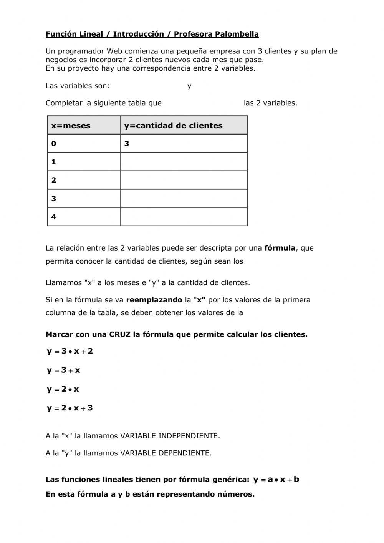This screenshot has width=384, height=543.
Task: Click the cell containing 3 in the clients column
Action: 184,144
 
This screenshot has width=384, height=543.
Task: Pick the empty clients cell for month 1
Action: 184,162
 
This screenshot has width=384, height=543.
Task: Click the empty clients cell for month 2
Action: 184,180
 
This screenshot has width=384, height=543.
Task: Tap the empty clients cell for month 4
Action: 184,217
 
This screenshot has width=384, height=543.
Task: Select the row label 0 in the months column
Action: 54,144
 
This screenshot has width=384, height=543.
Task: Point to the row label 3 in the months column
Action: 54,199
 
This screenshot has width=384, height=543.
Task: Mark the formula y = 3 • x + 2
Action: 70,351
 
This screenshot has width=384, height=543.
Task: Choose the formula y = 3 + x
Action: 64,370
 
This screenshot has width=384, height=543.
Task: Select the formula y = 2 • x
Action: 63,389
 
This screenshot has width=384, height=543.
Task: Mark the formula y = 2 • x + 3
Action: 70,408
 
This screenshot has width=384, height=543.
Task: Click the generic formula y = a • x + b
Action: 276,480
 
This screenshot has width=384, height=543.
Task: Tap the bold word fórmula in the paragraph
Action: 280,248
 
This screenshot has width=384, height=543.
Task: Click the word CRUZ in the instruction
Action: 120,334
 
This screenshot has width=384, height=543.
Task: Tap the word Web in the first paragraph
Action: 114,51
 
